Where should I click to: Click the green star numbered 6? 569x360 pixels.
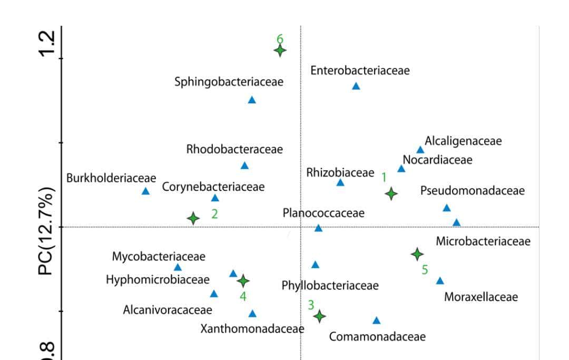(280, 51)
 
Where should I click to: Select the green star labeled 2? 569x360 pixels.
(193, 218)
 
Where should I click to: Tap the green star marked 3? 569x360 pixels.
(319, 316)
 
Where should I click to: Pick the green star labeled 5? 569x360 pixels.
(417, 254)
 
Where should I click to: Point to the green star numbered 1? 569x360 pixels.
(390, 193)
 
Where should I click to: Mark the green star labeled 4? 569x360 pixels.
(242, 280)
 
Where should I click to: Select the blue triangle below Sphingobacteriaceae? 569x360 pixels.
(252, 100)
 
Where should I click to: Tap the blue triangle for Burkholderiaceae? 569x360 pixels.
(146, 191)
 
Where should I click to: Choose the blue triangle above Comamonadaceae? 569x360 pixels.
(376, 320)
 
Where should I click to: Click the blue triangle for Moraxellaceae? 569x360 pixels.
(440, 281)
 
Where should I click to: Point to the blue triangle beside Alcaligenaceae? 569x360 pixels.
(420, 150)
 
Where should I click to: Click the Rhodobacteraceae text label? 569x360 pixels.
(234, 149)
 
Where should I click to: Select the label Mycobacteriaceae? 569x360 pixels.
(159, 257)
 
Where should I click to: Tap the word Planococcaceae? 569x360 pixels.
(323, 213)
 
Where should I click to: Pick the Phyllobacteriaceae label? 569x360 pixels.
(330, 286)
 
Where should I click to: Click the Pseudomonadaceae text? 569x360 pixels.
(473, 191)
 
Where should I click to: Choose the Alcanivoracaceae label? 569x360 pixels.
(168, 309)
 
